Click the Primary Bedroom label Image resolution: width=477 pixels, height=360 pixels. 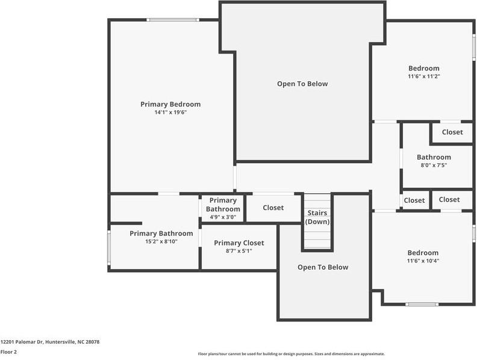pos(170,104)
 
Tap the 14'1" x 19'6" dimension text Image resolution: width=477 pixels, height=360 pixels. pos(170,112)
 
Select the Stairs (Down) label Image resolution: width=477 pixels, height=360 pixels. pos(317,217)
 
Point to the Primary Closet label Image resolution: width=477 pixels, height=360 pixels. pos(239,243)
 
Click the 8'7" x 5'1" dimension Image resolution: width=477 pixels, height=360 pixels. pos(239,251)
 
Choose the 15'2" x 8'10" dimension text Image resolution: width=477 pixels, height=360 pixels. pos(161,241)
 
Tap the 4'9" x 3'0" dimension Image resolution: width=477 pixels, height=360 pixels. pos(223,217)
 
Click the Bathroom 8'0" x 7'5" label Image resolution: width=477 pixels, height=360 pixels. pos(434,161)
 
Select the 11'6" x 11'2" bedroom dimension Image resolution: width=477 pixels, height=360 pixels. pos(424,76)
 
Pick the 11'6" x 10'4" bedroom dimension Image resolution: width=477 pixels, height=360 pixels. pos(423,261)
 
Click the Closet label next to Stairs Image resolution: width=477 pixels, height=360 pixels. pos(273,208)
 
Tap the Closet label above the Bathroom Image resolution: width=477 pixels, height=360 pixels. pos(452,132)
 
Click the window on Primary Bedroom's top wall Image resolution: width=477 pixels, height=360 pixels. pos(173,20)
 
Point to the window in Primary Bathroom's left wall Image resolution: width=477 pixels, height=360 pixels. pos(109,246)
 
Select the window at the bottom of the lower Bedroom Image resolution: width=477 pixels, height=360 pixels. pos(422,304)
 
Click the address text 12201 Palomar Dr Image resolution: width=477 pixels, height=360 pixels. pos(22,342)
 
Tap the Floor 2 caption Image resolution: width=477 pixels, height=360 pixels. pos(8,352)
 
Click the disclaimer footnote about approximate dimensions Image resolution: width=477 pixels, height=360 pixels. pos(291,354)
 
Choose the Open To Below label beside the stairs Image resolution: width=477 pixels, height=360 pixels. pos(323,267)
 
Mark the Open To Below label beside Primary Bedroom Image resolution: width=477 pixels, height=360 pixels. pos(302,84)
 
